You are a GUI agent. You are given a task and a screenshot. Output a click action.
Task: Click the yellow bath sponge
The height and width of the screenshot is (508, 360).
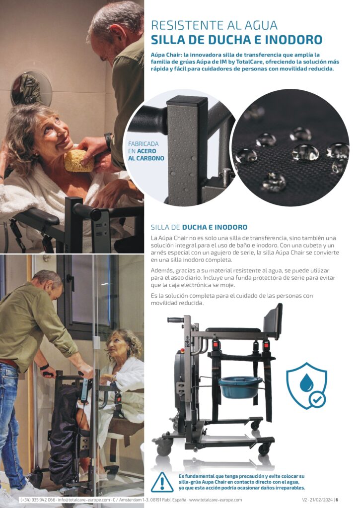click(79, 161)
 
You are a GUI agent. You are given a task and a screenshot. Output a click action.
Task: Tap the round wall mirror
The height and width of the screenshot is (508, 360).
click(31, 88)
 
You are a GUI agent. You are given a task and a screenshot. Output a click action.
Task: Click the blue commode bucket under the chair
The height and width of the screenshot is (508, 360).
click(240, 387)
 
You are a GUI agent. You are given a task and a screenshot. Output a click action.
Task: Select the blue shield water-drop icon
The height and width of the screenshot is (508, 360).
click(306, 386)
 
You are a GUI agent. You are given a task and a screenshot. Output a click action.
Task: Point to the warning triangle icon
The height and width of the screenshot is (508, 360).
click(162, 482)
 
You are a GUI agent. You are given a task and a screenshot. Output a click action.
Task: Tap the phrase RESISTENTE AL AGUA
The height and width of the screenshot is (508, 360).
click(215, 25)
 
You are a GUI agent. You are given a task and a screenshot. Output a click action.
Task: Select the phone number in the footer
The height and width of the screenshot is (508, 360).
click(38, 500)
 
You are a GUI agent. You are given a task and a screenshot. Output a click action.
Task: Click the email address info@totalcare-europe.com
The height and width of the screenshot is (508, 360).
click(84, 500)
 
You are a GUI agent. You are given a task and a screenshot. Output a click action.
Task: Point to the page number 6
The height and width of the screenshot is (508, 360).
click(337, 500)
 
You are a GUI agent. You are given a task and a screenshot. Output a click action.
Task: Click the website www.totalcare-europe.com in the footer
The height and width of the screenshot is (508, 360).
click(216, 500)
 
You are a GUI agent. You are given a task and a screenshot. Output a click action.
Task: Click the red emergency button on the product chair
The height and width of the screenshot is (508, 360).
click(182, 351)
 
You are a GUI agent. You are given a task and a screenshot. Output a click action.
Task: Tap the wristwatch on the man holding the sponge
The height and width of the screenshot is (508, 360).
click(108, 140)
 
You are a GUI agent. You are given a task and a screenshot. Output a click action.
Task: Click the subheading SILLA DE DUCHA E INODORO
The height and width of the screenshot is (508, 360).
click(199, 227)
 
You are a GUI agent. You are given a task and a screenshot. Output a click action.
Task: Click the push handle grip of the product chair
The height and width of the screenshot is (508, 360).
click(175, 320)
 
